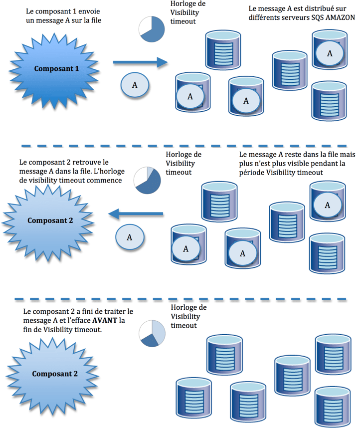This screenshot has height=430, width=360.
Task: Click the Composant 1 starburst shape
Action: (x=56, y=68)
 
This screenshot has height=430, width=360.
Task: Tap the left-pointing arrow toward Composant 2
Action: (x=136, y=214)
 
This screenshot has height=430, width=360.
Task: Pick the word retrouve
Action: (x=81, y=163)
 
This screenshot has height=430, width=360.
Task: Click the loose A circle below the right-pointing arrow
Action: (x=135, y=85)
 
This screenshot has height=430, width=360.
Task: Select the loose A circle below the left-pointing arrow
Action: (x=130, y=237)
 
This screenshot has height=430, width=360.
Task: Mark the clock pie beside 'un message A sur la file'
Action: (x=152, y=29)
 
